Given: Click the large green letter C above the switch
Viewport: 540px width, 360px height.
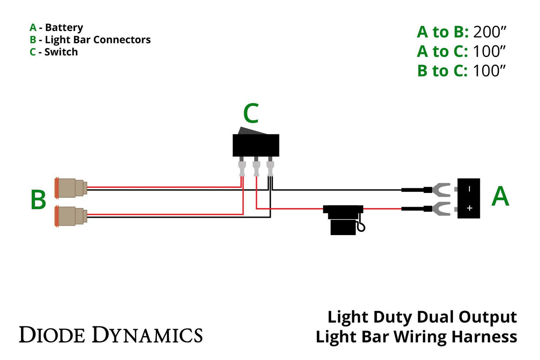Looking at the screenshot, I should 251,114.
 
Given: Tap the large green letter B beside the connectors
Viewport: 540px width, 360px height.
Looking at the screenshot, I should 38,200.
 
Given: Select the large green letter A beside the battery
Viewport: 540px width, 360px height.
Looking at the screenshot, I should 500,197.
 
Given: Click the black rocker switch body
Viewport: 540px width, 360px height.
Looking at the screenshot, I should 256,145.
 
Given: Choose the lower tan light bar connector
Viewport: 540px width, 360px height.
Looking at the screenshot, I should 70,216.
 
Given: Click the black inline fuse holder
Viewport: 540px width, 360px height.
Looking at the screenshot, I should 343,219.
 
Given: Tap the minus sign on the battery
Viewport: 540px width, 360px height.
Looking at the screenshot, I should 469,189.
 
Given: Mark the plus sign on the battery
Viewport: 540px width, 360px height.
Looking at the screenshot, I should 469,208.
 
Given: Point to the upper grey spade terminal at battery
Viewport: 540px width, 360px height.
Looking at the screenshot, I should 441,190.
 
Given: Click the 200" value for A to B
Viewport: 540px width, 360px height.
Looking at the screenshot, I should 490,33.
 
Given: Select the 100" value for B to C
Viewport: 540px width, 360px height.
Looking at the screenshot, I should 489,71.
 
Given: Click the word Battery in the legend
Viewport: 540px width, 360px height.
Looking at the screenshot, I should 64,28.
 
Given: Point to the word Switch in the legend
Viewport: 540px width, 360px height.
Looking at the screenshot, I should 61,52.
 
